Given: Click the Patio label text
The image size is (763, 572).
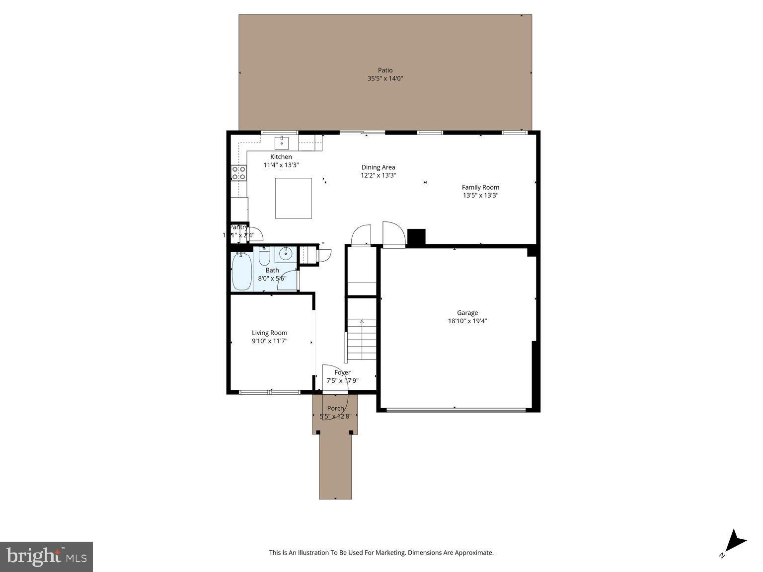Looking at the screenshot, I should pos(385,71).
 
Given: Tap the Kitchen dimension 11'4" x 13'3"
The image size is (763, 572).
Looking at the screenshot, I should pos(281,165).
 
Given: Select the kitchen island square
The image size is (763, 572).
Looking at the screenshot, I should pos(294,198).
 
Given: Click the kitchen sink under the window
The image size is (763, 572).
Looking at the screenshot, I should pos(282,143).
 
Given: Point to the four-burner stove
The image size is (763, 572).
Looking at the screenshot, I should pos(239,173).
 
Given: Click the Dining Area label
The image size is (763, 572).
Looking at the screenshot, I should pos(378,167).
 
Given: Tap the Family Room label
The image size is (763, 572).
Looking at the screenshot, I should pos(480,187).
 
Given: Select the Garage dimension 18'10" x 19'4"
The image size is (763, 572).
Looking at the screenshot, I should pos(467,321).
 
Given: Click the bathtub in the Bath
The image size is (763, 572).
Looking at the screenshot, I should pos(242,272).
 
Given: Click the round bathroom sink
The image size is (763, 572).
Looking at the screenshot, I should pos(286,254).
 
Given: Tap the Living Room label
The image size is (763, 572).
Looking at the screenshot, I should pos(269,333).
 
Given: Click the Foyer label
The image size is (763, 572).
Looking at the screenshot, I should pos(342,372).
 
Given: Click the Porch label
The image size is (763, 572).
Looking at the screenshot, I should pos(335,408).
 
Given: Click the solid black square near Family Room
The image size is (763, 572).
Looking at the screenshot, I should pos(416,237).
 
